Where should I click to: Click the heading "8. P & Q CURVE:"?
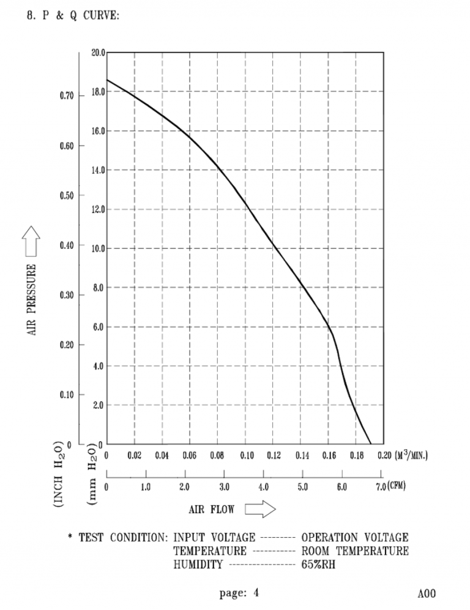coord(73,15)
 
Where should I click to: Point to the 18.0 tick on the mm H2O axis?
coord(98,92)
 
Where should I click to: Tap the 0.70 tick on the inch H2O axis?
coord(67,96)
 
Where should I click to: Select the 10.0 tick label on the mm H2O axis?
coord(98,248)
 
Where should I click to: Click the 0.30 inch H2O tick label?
coord(67,295)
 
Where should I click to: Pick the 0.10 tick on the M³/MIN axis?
coord(247,456)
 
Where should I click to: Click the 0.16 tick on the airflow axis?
coord(329,456)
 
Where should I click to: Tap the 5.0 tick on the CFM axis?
coord(302,488)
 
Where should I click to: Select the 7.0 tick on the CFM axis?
coord(376,488)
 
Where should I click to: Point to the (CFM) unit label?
coord(395,487)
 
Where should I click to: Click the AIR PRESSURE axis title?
coord(32,299)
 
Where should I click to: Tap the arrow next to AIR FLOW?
coord(261,508)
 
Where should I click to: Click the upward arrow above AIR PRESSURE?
coord(32,240)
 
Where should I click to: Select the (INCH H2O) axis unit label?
coord(59,474)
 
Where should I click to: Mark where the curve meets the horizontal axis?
coord(371,444)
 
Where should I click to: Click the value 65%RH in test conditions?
coord(318,564)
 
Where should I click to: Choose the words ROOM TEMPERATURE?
coord(355,551)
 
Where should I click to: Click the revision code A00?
coord(427,593)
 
